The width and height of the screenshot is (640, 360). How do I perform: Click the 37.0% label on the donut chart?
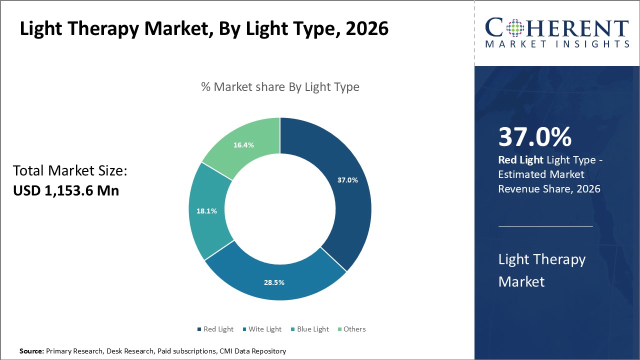coord(347,180)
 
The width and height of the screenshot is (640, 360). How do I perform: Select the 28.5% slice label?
coord(274,282)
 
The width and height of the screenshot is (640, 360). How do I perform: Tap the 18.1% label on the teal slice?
coord(206,211)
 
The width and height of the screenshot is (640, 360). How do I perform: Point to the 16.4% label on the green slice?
coord(243,145)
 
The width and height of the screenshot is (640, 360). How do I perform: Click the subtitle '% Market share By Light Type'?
coord(280,87)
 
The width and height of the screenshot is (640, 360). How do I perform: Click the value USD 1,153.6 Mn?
coord(65,190)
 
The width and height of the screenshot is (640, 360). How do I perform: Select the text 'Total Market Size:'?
coord(70,171)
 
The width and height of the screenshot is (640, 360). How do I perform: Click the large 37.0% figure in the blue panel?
coord(534,137)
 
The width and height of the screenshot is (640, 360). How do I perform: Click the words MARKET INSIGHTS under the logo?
coord(557,44)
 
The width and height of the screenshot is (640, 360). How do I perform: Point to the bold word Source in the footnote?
coord(31,351)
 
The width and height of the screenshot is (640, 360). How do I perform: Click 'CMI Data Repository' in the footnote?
coord(252,351)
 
